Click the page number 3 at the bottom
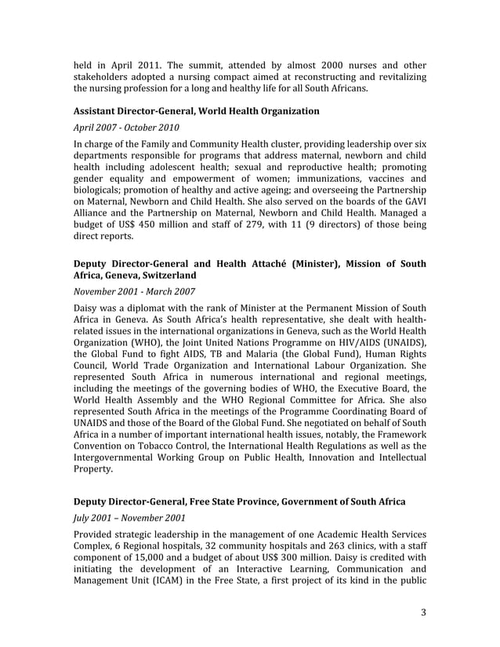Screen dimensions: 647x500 click(423, 612)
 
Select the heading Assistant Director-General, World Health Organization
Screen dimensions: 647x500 click(197, 111)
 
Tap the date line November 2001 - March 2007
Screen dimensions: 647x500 click(134, 292)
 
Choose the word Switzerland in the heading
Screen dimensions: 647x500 click(168, 276)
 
